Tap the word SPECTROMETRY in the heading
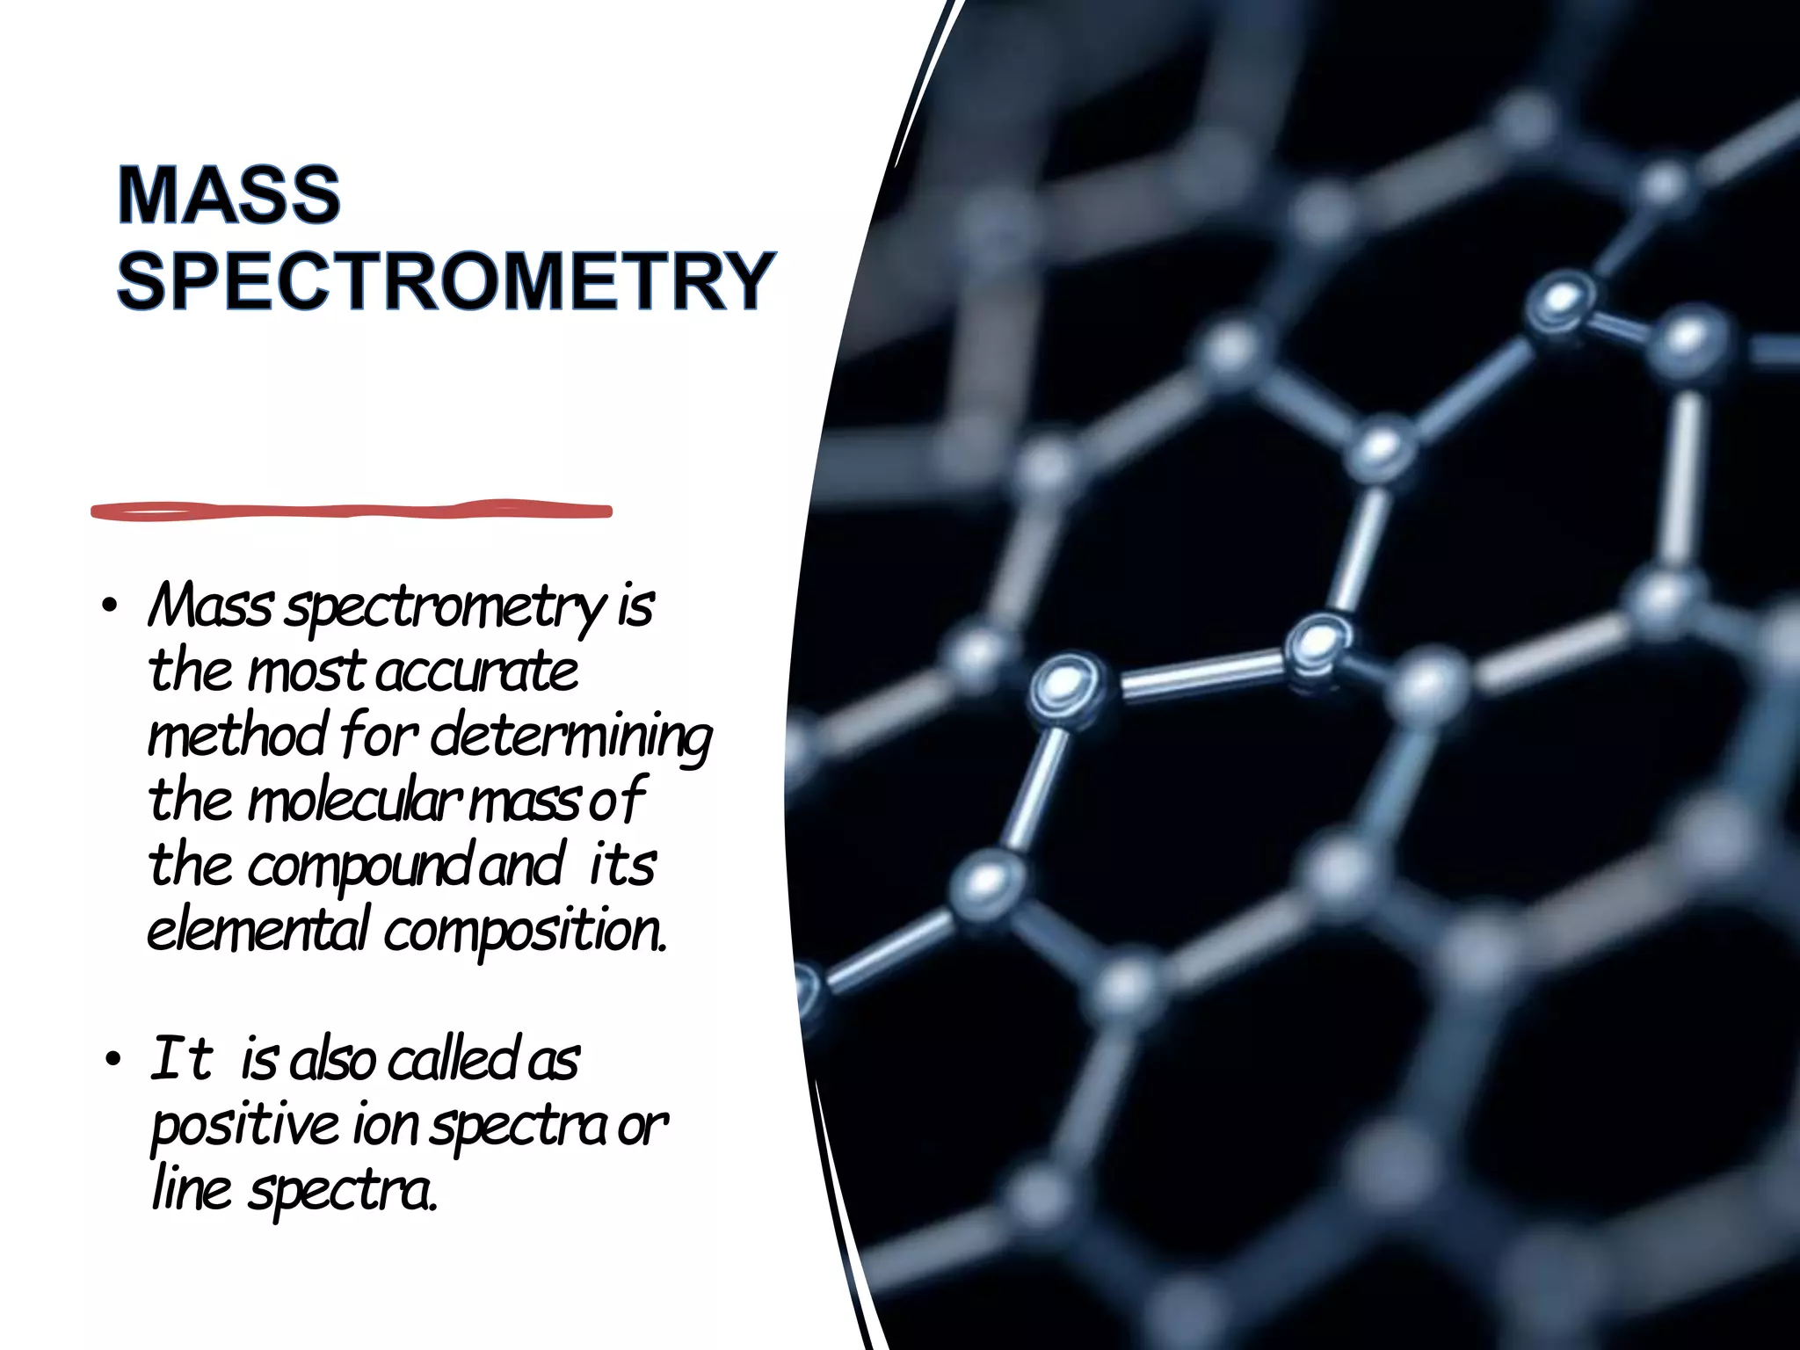click(x=446, y=281)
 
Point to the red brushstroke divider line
click(x=352, y=511)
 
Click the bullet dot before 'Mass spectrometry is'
click(x=109, y=607)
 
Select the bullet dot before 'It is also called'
click(x=111, y=1061)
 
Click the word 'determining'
click(x=571, y=737)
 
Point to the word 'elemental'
click(x=257, y=931)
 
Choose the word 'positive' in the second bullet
click(x=245, y=1126)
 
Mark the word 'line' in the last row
click(x=192, y=1190)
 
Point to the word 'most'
click(x=305, y=672)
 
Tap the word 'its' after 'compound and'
click(x=621, y=867)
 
